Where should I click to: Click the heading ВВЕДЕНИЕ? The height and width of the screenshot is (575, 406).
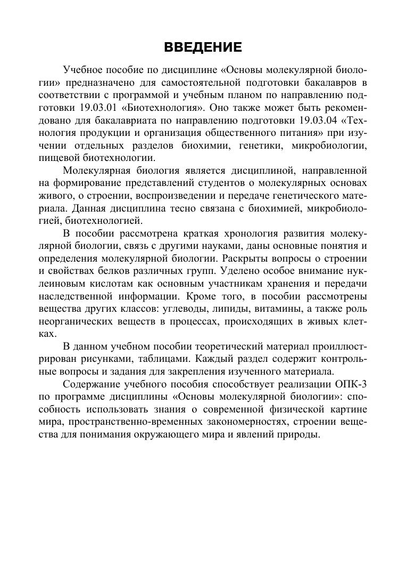203,47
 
